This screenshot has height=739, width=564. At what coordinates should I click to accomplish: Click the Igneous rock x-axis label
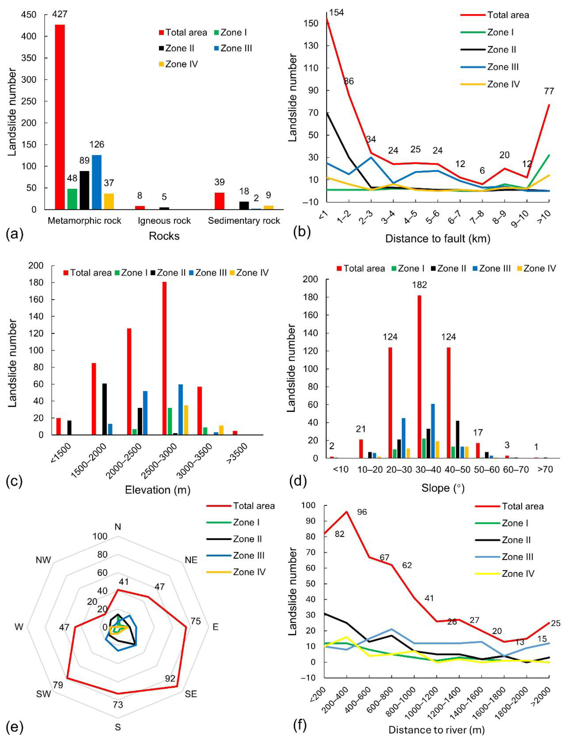click(164, 221)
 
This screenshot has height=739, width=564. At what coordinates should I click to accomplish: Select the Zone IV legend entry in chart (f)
click(518, 574)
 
